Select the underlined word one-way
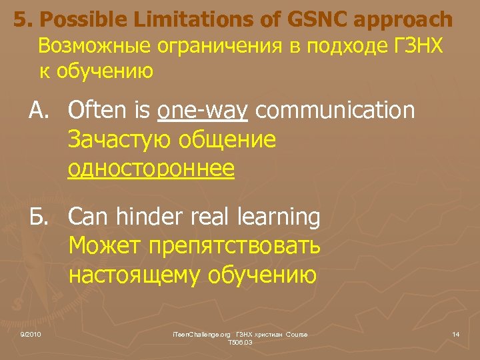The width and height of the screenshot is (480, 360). coord(203,110)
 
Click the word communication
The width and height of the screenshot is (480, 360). coord(335,110)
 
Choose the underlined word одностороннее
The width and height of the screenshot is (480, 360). coord(151,169)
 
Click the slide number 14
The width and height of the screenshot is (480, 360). coord(456,333)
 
